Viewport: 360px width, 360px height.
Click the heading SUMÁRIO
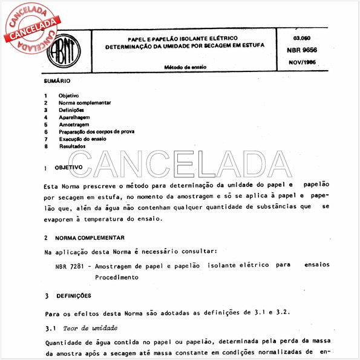tap(57, 80)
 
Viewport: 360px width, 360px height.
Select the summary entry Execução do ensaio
tap(82, 139)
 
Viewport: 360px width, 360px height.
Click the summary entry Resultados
tap(72, 146)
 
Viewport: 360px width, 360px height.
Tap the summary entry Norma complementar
tap(84, 103)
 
